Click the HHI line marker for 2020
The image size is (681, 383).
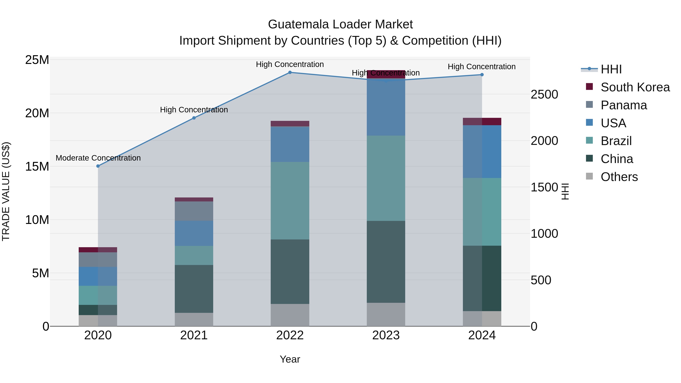click(x=98, y=166)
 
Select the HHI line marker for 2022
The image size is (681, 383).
click(x=290, y=72)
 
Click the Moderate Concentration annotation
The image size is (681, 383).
click(x=98, y=158)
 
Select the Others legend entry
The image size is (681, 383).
click(x=619, y=177)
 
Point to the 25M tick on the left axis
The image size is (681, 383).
click(x=37, y=60)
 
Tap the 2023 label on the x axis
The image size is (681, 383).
click(x=386, y=335)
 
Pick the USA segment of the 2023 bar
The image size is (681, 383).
click(x=386, y=107)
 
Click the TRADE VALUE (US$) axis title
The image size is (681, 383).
click(x=6, y=191)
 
